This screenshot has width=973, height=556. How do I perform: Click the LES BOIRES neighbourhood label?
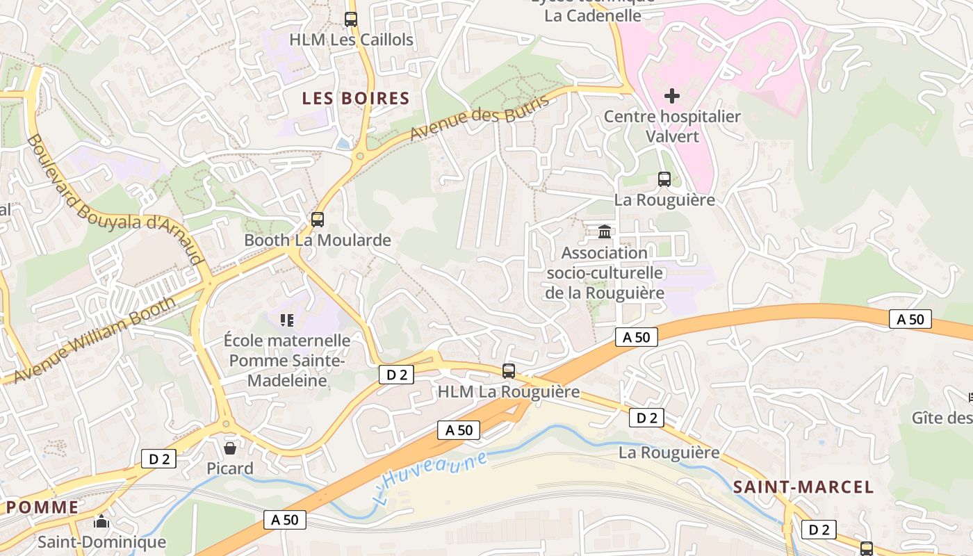pos(355,98)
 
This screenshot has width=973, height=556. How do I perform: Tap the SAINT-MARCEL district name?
pos(803,486)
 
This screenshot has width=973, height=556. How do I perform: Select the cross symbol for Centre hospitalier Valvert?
pos(672,96)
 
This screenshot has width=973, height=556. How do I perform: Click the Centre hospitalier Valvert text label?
pos(672,126)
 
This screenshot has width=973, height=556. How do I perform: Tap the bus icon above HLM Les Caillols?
pos(351,19)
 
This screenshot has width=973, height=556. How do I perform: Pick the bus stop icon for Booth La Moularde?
pos(318,220)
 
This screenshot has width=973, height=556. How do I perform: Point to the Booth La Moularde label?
pos(318,240)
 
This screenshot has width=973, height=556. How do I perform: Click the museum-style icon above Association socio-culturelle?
pos(605,231)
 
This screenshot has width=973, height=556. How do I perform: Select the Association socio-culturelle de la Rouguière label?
pos(605,272)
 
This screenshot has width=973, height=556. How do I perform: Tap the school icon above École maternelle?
pos(286,320)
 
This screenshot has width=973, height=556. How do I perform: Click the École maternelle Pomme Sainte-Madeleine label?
pos(287,361)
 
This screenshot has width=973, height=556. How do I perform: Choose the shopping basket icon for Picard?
pos(230,448)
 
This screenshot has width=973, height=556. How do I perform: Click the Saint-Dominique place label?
pos(101,541)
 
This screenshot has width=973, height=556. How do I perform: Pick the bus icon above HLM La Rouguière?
pos(509,371)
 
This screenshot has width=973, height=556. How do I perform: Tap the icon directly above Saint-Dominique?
pos(101,521)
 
